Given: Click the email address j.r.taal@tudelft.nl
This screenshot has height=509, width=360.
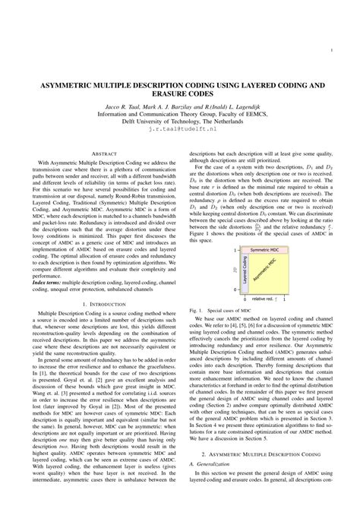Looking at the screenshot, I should (179, 131).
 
